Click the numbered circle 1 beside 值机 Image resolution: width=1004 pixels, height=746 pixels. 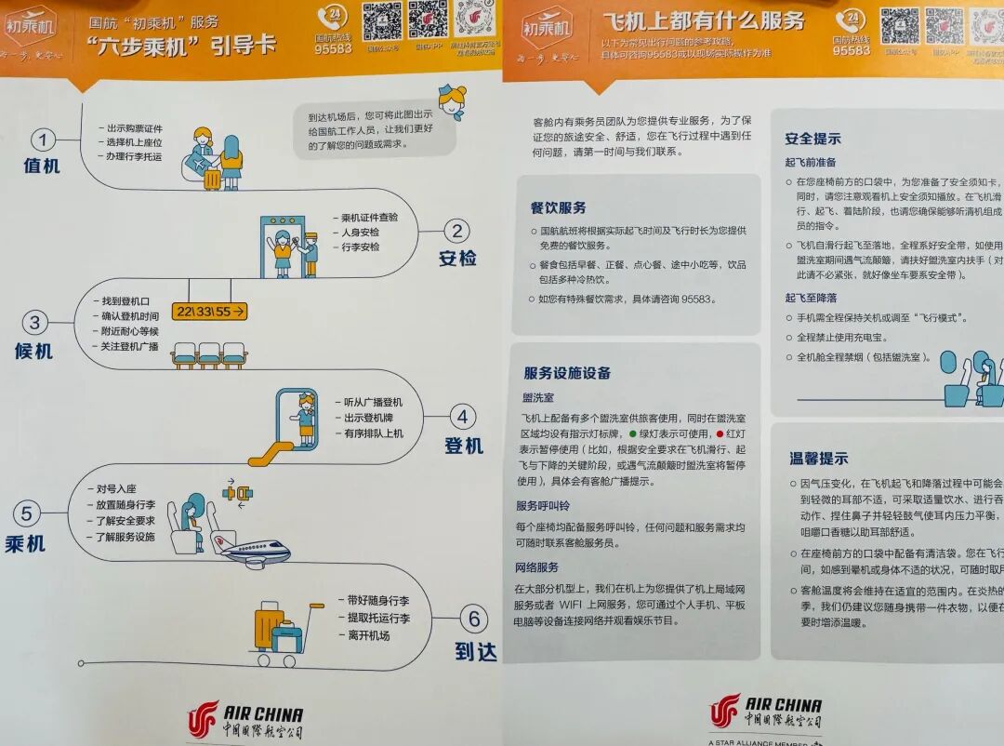tap(43, 140)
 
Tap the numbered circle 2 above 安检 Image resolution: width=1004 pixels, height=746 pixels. tap(455, 232)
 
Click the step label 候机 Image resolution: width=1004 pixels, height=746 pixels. tap(33, 352)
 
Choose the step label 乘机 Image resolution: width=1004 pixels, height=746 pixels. tap(25, 542)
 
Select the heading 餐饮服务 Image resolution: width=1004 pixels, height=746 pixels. tap(558, 207)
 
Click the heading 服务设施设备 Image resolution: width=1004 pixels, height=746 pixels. tap(567, 373)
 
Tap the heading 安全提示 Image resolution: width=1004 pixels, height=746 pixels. tap(812, 139)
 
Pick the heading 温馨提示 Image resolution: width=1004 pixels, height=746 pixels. tap(818, 459)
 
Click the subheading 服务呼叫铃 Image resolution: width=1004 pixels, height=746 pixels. tap(543, 505)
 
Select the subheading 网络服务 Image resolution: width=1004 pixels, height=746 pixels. tap(536, 567)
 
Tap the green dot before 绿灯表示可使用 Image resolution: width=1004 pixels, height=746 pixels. tap(633, 434)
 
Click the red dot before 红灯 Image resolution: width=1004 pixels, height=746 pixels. tap(719, 434)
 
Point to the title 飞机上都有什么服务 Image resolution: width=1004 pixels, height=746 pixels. tap(703, 20)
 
